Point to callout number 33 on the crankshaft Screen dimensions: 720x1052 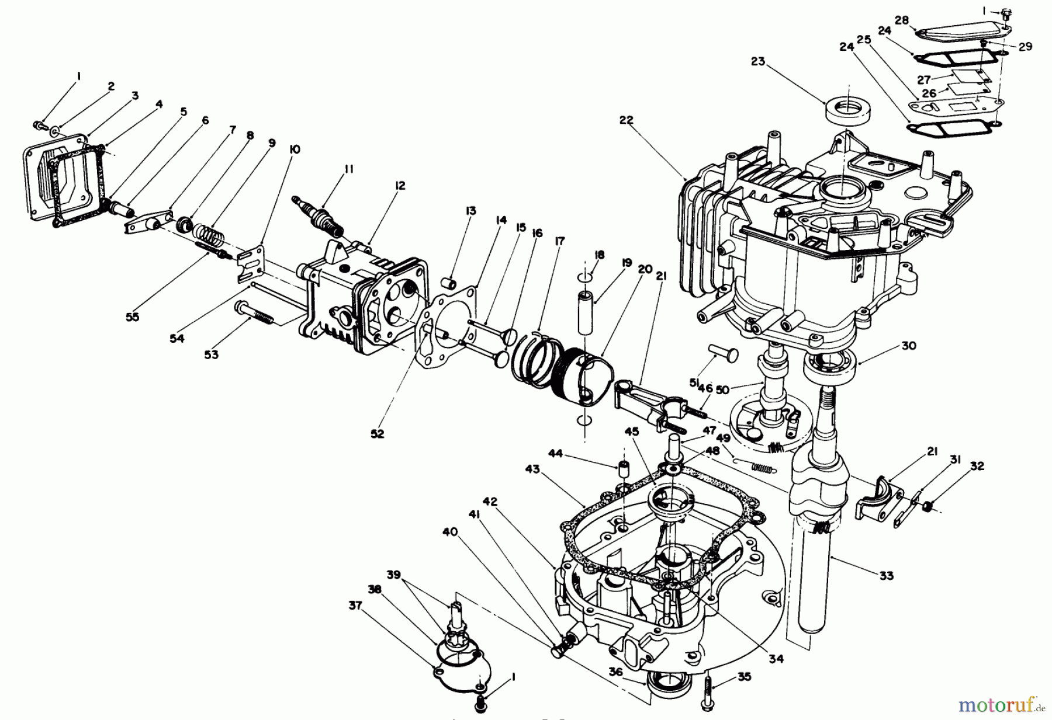887,576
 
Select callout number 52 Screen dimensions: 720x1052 378,434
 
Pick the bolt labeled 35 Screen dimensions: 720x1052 709,694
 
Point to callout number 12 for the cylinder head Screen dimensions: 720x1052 400,186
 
